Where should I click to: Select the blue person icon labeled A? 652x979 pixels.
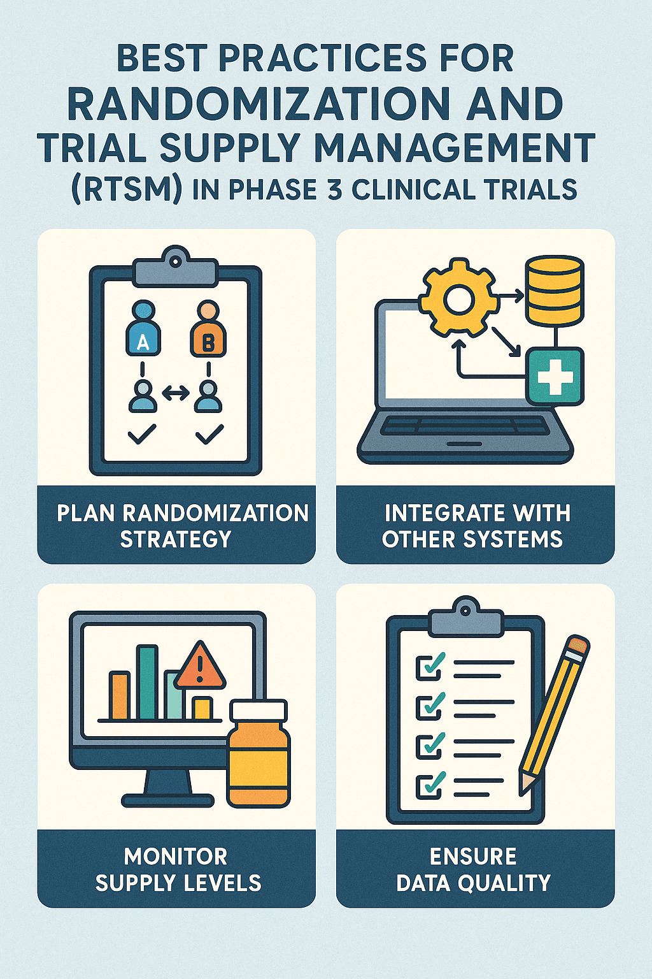143,329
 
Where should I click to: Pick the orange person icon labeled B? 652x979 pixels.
208,329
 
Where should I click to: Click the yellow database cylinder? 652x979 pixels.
554,290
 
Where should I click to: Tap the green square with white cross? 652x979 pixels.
555,376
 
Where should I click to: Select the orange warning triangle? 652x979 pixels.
199,667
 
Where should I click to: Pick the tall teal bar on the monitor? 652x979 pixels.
147,683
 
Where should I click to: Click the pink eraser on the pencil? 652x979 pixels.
578,644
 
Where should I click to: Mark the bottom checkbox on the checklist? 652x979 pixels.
428,785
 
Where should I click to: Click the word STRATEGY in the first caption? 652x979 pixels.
176,540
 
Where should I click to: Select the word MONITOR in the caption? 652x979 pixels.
176,856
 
